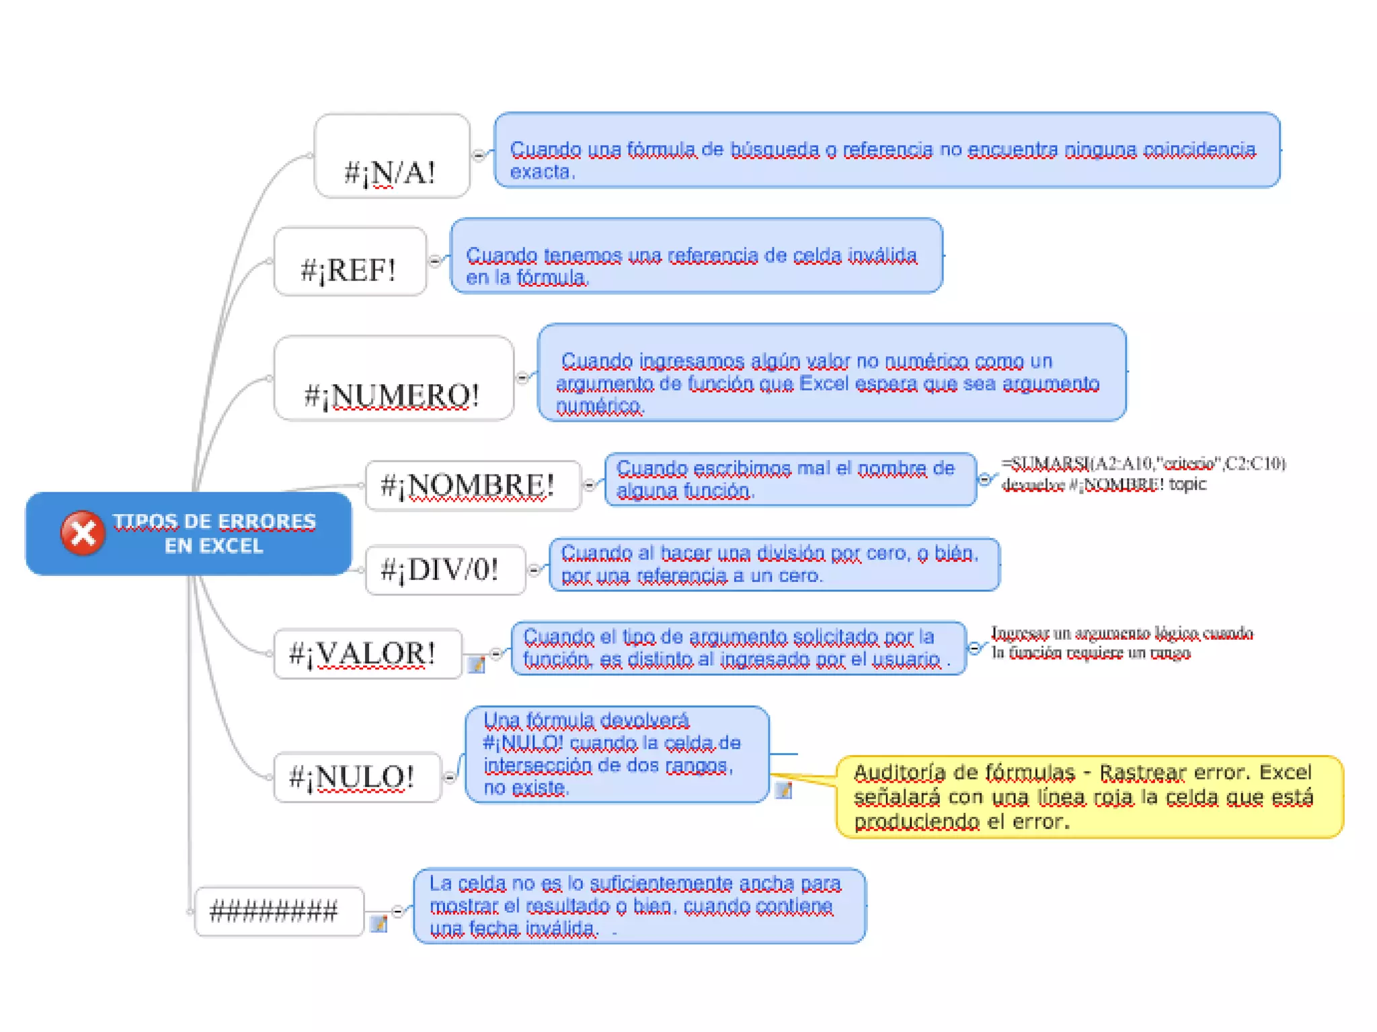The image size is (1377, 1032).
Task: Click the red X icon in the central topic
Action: (x=83, y=533)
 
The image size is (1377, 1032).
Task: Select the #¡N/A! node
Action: (x=392, y=157)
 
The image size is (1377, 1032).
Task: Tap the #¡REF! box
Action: (x=350, y=262)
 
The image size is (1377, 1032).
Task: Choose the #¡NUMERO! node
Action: (x=394, y=379)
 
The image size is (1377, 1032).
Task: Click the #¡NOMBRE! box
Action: (x=473, y=485)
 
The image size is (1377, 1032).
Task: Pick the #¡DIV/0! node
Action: (x=445, y=570)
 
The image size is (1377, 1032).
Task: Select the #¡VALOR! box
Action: (x=367, y=654)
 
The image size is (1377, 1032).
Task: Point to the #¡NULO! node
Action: (x=357, y=777)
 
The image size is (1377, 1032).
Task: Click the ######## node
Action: (x=278, y=911)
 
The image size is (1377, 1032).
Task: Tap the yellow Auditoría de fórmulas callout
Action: (x=1089, y=797)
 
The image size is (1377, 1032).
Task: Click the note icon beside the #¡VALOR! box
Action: (x=476, y=664)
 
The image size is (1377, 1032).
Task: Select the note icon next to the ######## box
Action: (x=379, y=924)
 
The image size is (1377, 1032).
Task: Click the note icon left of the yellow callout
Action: (x=783, y=790)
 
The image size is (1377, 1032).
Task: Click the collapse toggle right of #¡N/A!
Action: (x=479, y=156)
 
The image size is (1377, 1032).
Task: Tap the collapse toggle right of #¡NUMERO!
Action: (x=523, y=378)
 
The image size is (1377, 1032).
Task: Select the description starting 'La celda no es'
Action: (x=639, y=906)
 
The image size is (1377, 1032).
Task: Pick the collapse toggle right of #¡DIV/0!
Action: (x=535, y=570)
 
